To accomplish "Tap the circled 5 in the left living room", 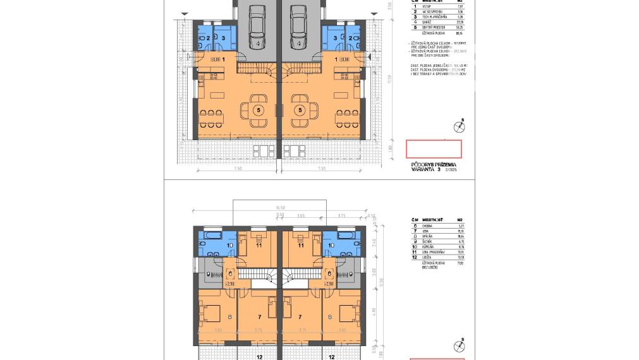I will (258, 110).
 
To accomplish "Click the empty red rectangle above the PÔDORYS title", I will (434, 149).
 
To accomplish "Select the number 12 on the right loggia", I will (331, 356).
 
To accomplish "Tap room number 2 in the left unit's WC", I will (208, 38).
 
